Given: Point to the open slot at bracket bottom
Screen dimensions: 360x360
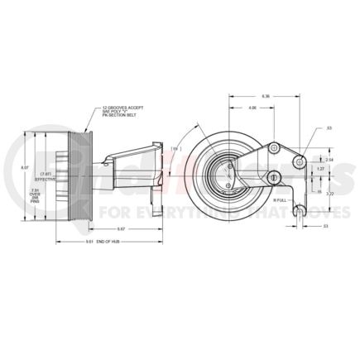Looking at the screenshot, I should (x=295, y=212).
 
